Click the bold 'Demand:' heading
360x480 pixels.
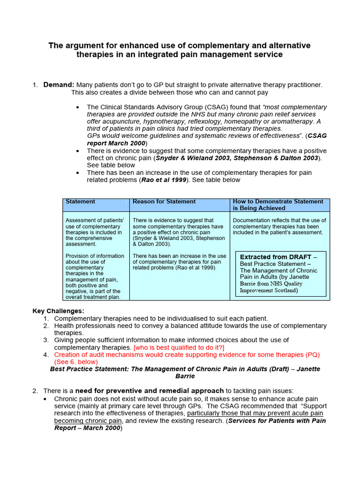point(59,85)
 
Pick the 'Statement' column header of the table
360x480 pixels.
point(80,202)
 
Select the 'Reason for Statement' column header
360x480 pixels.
point(164,202)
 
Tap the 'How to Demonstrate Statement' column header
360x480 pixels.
point(278,202)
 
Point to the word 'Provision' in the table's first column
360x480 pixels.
point(78,256)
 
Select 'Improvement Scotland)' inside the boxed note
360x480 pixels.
point(269,290)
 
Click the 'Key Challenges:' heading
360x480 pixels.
point(59,311)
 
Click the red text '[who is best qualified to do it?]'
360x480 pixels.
point(179,347)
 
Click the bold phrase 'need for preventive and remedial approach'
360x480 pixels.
point(150,390)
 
